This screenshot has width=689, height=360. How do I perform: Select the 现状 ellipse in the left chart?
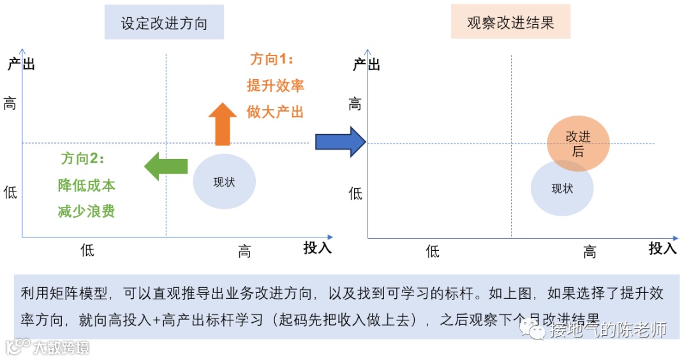pos(224,182)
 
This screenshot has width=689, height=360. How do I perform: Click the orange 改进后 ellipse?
pos(579,143)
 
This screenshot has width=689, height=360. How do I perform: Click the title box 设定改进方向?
pos(164,23)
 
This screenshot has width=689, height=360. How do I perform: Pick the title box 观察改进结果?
pos(510,23)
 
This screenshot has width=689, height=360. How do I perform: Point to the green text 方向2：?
pos(82,158)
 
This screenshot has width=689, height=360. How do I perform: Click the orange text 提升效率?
pos(275,86)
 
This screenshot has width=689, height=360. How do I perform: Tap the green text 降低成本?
pos(87,185)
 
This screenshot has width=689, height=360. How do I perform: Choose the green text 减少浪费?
pos(87,211)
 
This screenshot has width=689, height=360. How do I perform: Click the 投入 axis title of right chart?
pos(662,248)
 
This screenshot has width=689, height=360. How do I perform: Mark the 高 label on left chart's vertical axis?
pos(10,103)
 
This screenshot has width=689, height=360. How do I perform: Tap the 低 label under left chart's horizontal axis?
pos(87,250)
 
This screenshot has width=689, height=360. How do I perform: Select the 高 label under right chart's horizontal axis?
pos(589,252)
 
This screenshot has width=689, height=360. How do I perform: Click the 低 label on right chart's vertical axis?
pos(355,193)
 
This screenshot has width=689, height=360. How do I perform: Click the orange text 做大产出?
pos(275,112)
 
